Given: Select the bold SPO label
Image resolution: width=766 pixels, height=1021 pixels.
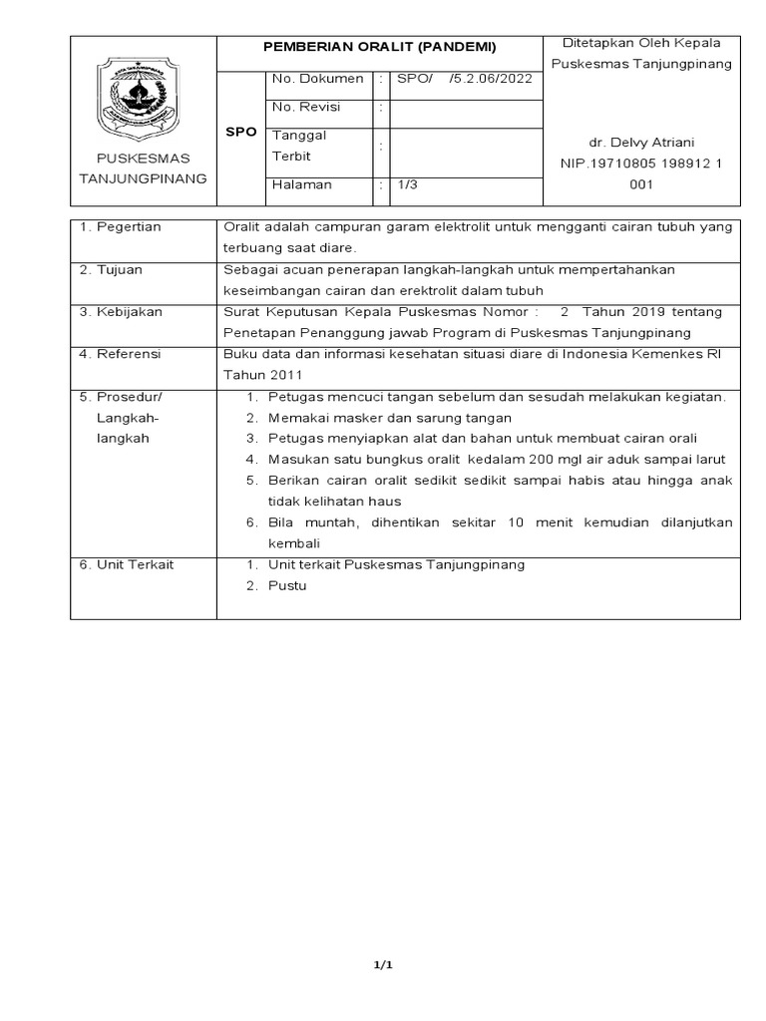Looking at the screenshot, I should point(241,132).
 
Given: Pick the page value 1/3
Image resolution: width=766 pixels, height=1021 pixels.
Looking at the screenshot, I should point(407,184).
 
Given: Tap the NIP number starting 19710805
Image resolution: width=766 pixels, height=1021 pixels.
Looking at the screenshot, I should point(641,164).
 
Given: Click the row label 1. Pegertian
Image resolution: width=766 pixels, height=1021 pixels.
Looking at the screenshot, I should point(121,226).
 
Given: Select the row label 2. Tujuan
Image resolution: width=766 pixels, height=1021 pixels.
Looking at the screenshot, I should point(113,269).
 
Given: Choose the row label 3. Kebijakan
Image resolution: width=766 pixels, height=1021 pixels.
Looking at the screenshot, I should point(121,311).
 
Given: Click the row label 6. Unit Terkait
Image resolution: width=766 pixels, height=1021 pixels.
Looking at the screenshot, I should point(127,564).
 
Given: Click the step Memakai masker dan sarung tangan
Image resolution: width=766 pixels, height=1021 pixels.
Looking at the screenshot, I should point(389,418).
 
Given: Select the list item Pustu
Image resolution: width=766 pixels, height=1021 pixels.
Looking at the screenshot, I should point(287,585).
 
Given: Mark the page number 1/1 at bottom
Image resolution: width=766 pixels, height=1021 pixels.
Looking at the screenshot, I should point(382,964).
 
